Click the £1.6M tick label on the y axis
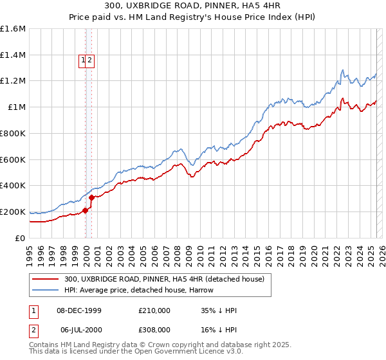pyautogui.click(x=14, y=29)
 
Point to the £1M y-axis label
pyautogui.click(x=17, y=107)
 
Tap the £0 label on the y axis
pyautogui.click(x=21, y=238)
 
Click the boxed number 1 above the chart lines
pyautogui.click(x=83, y=61)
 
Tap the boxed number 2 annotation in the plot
pyautogui.click(x=90, y=61)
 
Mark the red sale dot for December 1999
pyautogui.click(x=86, y=210)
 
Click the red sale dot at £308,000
pyautogui.click(x=92, y=197)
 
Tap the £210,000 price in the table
pyautogui.click(x=154, y=310)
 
